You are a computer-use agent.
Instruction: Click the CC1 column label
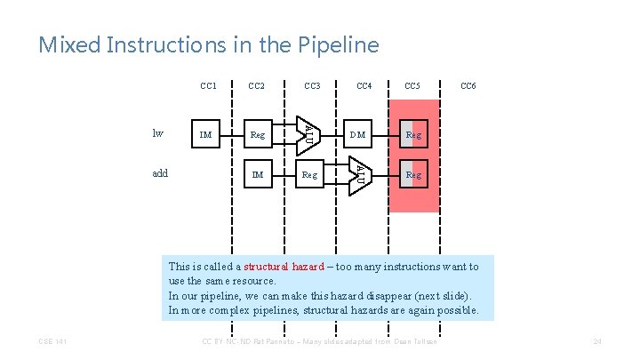coord(209,86)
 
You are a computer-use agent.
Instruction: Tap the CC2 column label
coord(257,86)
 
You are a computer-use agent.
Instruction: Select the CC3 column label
coord(312,86)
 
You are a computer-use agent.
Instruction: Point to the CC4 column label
coord(364,86)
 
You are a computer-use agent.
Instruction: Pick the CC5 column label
coord(412,86)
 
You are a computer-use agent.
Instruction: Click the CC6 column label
coord(468,86)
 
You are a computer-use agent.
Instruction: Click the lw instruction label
coord(158,134)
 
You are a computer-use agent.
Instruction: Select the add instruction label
coord(160,174)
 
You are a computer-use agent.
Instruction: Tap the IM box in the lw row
coord(205,135)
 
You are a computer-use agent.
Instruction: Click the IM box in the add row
coord(257,175)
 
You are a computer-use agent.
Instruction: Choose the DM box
coord(358,135)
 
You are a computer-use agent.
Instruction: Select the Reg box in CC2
coord(257,135)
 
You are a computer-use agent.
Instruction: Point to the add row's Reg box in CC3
coord(309,175)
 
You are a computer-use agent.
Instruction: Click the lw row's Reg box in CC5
coord(413,135)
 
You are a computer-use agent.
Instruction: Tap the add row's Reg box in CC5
coord(413,175)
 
